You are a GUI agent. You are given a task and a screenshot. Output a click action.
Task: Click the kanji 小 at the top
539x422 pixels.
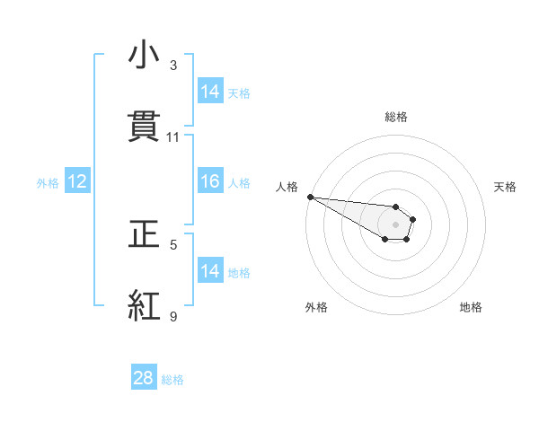(144, 56)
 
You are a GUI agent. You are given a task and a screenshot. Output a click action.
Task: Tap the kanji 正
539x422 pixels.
(144, 234)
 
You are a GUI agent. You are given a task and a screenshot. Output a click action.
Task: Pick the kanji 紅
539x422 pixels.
(144, 306)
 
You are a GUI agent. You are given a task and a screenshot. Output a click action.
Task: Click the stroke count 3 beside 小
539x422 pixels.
(173, 66)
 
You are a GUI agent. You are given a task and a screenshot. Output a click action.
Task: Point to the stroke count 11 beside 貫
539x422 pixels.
(173, 137)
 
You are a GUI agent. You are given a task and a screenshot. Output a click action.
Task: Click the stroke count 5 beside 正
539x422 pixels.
(173, 244)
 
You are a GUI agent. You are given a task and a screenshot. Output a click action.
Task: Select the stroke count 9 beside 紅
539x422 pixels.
(173, 316)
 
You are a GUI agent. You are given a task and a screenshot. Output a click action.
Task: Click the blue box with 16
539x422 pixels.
(210, 181)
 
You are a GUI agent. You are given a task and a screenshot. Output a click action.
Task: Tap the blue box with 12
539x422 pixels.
(77, 181)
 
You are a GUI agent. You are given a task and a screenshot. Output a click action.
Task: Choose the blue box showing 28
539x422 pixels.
(144, 378)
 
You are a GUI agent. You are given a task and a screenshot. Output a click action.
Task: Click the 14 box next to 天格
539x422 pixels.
(210, 92)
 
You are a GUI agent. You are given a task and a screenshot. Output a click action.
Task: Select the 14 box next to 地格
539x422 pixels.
(210, 271)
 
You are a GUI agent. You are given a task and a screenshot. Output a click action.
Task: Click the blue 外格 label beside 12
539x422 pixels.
(48, 182)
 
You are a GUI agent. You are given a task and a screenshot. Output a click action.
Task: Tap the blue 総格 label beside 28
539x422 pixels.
(172, 380)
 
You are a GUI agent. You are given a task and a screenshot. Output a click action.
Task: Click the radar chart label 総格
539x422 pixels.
(396, 117)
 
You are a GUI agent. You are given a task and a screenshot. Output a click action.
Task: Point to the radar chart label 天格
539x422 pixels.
(506, 187)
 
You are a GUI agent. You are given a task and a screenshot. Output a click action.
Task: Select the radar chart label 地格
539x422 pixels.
(471, 307)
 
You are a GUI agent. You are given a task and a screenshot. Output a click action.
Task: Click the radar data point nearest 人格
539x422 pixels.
(310, 197)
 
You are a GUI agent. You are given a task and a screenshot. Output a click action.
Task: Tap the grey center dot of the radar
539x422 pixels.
(395, 224)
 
